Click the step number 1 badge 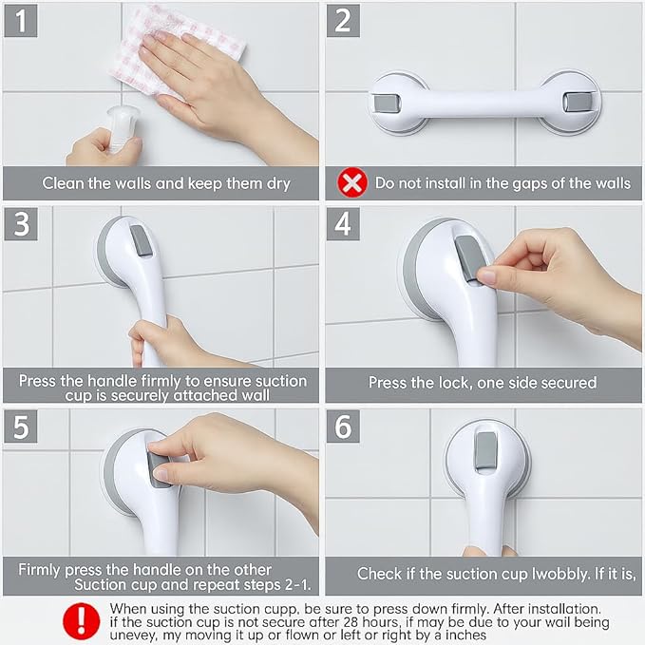[21, 21]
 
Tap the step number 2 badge [343, 21]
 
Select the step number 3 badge [21, 224]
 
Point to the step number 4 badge [343, 224]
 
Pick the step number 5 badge [21, 427]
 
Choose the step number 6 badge [343, 427]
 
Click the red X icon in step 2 [352, 182]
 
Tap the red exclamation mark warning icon [81, 620]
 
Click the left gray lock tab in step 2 [387, 103]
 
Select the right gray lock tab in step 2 [575, 102]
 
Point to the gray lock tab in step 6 [485, 450]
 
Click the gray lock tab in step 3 [142, 241]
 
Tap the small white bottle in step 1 [120, 128]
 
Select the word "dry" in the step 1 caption [278, 184]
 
